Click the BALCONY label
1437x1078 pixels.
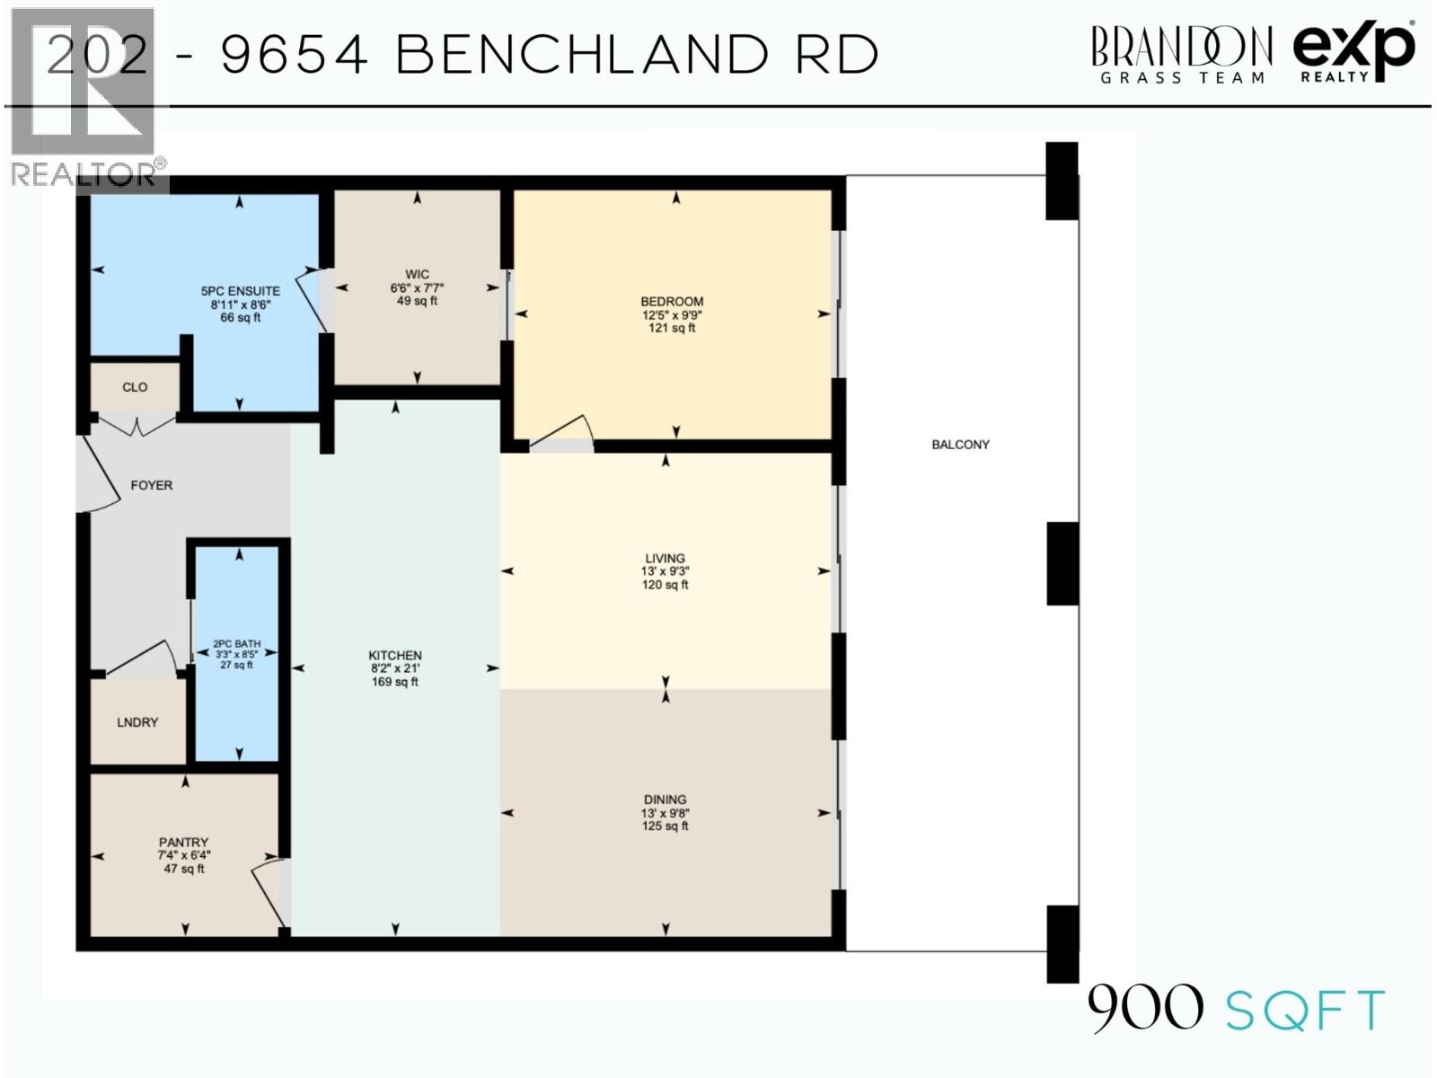[x=960, y=445]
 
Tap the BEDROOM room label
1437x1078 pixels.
[x=671, y=302]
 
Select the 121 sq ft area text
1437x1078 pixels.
[x=671, y=329]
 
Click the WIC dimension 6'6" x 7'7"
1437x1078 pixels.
[x=417, y=288]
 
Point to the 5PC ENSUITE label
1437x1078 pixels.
[x=240, y=291]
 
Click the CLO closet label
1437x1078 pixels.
[x=135, y=387]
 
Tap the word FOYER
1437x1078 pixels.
[x=151, y=485]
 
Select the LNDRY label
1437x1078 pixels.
[x=137, y=722]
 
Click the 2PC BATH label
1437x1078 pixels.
[x=236, y=644]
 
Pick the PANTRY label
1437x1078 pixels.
[x=183, y=843]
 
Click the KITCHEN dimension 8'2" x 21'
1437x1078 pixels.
[x=395, y=668]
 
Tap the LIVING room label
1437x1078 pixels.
[x=665, y=558]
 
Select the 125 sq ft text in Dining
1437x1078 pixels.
[x=665, y=826]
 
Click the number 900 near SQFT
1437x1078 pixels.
[x=1145, y=1008]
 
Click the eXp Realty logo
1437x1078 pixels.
[x=1353, y=51]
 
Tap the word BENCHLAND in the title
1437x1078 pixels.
[x=582, y=55]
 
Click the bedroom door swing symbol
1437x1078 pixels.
[x=566, y=433]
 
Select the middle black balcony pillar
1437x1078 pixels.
[x=1062, y=563]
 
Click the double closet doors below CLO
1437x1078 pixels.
[x=136, y=425]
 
